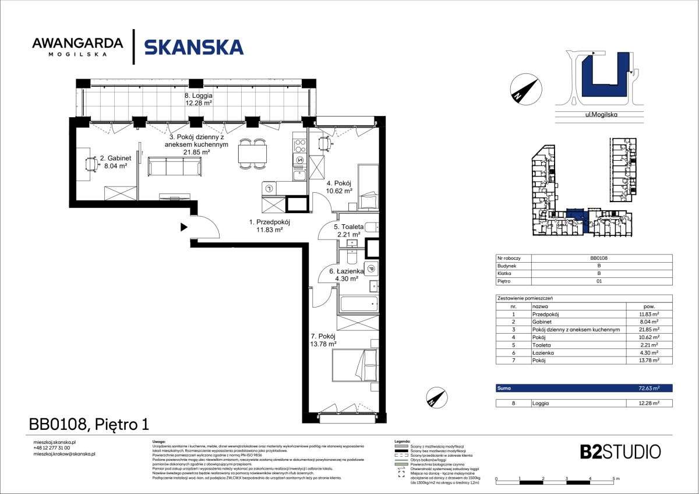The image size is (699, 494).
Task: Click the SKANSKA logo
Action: click(x=193, y=47)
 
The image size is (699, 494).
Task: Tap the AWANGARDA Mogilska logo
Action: click(x=77, y=47)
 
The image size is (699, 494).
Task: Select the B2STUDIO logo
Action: click(x=620, y=451)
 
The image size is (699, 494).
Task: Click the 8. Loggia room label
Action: click(x=198, y=99)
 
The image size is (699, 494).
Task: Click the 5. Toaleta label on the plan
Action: click(x=348, y=230)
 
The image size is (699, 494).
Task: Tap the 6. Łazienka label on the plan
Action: click(x=346, y=275)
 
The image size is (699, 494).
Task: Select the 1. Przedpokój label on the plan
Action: click(x=269, y=225)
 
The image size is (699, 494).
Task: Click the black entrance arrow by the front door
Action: click(x=183, y=227)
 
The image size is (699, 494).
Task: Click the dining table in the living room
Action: click(x=252, y=155)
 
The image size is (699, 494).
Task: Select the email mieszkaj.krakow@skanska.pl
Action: click(x=64, y=453)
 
